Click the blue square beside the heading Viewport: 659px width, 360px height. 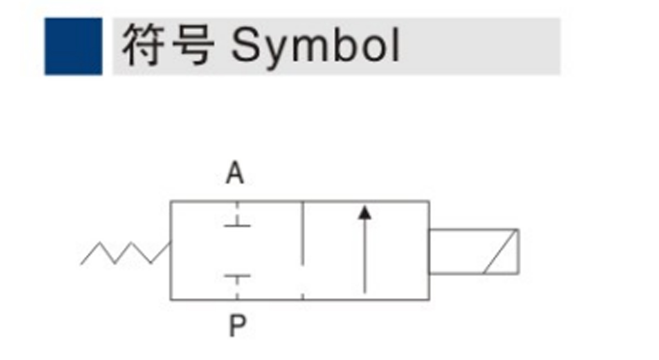tap(74, 47)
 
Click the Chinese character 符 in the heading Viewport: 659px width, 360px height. tap(143, 45)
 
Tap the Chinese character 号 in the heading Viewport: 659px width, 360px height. tap(193, 45)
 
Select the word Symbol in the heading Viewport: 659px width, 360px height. tap(315, 48)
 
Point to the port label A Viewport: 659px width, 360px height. tap(235, 173)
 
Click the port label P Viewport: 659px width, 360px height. tap(237, 325)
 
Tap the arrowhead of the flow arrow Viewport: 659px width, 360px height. tap(365, 212)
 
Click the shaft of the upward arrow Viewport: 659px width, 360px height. tap(365, 256)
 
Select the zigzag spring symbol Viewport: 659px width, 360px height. tap(126, 253)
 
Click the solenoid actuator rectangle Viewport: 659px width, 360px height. tap(473, 251)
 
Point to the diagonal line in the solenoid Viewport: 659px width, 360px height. tap(500, 251)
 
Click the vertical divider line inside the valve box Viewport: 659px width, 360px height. tap(303, 234)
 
